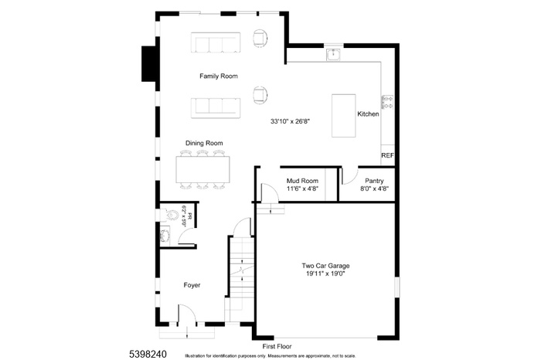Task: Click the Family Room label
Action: click(218, 76)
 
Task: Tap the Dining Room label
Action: click(204, 143)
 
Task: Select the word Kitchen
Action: click(368, 114)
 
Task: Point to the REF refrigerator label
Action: click(387, 155)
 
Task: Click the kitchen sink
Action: click(333, 54)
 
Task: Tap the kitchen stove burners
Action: click(387, 101)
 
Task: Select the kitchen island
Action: click(343, 115)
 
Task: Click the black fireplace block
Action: click(148, 63)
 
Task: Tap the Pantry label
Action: click(374, 181)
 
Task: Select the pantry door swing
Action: click(349, 175)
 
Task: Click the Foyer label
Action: click(192, 285)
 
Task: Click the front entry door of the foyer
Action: click(186, 315)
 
